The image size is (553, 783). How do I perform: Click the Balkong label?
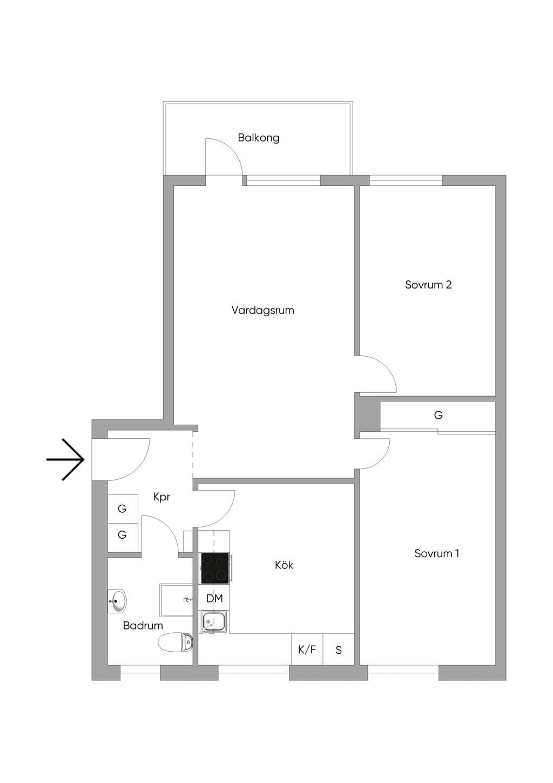(259, 138)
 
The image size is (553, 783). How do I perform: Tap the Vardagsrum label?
(262, 310)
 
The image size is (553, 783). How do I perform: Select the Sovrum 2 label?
(428, 285)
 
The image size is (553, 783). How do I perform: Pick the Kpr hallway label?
(161, 497)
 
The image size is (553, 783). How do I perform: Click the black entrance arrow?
(65, 459)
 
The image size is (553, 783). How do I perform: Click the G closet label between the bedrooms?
(438, 415)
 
